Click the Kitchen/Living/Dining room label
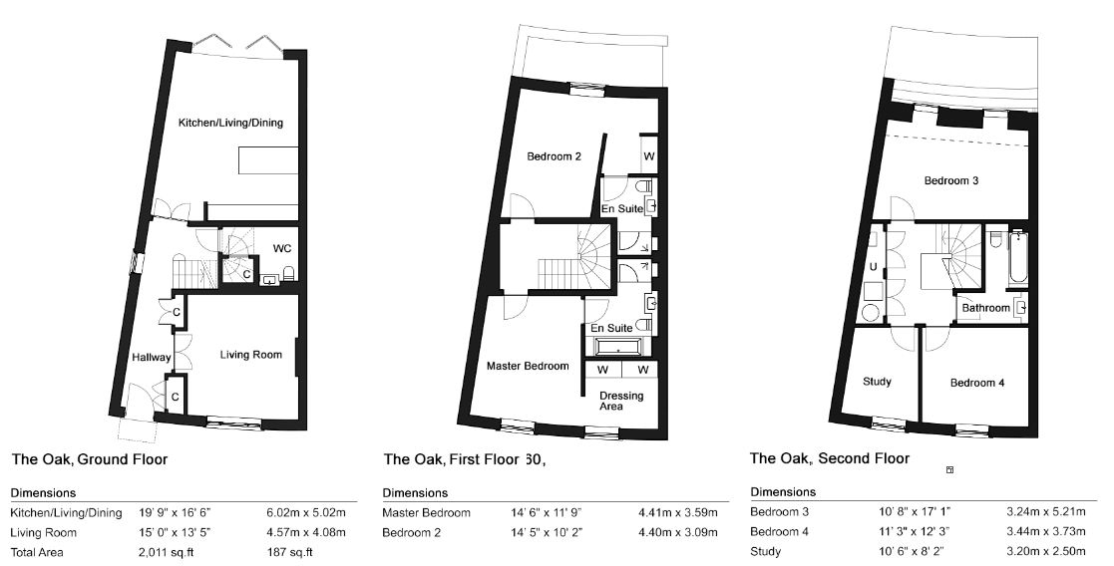pos(230,123)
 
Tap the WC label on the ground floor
pos(282,248)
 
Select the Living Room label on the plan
pos(250,355)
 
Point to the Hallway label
pos(152,357)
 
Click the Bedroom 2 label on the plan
pos(555,156)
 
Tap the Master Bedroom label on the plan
pos(528,367)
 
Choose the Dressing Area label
pos(621,401)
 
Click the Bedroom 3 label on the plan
pos(951,180)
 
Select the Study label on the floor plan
pos(877,382)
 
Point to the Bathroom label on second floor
pos(986,308)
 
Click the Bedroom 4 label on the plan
pos(977,383)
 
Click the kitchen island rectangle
pos(268,160)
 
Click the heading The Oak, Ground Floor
pos(90,459)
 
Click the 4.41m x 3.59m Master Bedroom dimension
pos(678,513)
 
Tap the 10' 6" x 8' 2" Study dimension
pos(913,551)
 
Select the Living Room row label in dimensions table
pos(43,533)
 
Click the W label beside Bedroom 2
pos(648,157)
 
